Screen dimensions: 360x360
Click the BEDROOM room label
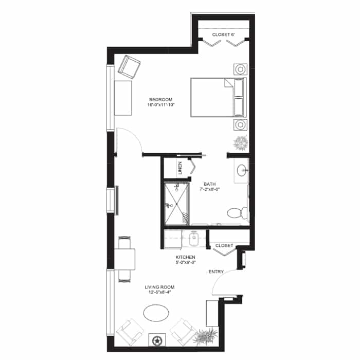click(160, 100)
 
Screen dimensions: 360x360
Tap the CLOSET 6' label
click(223, 34)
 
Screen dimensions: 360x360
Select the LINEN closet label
click(180, 168)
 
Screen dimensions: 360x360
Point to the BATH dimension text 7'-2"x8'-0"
click(209, 189)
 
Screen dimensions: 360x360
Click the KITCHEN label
click(185, 257)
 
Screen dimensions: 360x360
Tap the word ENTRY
click(216, 272)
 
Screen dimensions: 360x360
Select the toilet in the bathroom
click(237, 212)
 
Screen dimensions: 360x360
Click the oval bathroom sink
click(242, 170)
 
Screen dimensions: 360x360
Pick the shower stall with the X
click(177, 204)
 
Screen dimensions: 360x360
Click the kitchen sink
click(194, 239)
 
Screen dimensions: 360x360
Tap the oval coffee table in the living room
click(156, 313)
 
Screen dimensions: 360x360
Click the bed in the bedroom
click(219, 97)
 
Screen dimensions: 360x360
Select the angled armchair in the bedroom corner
click(129, 66)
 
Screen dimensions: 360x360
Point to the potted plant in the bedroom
click(241, 143)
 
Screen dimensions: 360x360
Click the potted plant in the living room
click(205, 336)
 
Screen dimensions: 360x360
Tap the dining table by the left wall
click(124, 259)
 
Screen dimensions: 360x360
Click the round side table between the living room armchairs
click(157, 340)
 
